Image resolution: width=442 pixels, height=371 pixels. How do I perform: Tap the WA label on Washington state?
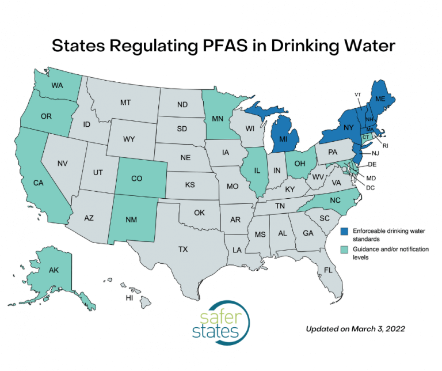point(57,86)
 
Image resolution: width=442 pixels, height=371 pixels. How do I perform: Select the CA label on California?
point(40,183)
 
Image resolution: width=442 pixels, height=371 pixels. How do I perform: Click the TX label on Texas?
point(182,249)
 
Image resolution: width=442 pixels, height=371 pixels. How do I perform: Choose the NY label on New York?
point(349,127)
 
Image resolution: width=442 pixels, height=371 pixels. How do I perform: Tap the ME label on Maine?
point(380,99)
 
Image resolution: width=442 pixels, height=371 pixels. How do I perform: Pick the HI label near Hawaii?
point(131,298)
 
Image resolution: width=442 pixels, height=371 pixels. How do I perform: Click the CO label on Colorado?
point(136,179)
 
